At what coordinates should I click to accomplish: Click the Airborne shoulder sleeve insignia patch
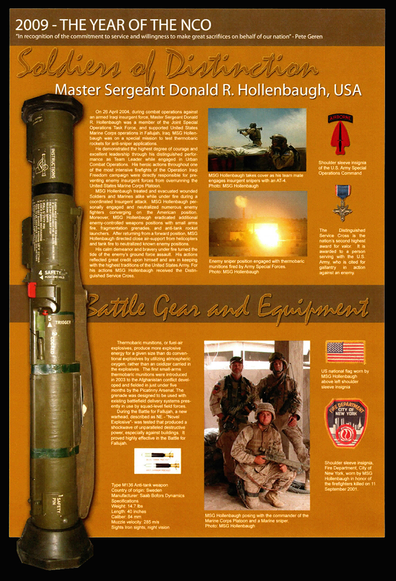341,134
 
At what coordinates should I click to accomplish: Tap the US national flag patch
345,352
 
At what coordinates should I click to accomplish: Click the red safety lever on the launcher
32,289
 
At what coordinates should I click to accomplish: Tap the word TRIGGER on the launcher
63,322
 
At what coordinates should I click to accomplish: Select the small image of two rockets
157,460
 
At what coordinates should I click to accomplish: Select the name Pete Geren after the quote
309,37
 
